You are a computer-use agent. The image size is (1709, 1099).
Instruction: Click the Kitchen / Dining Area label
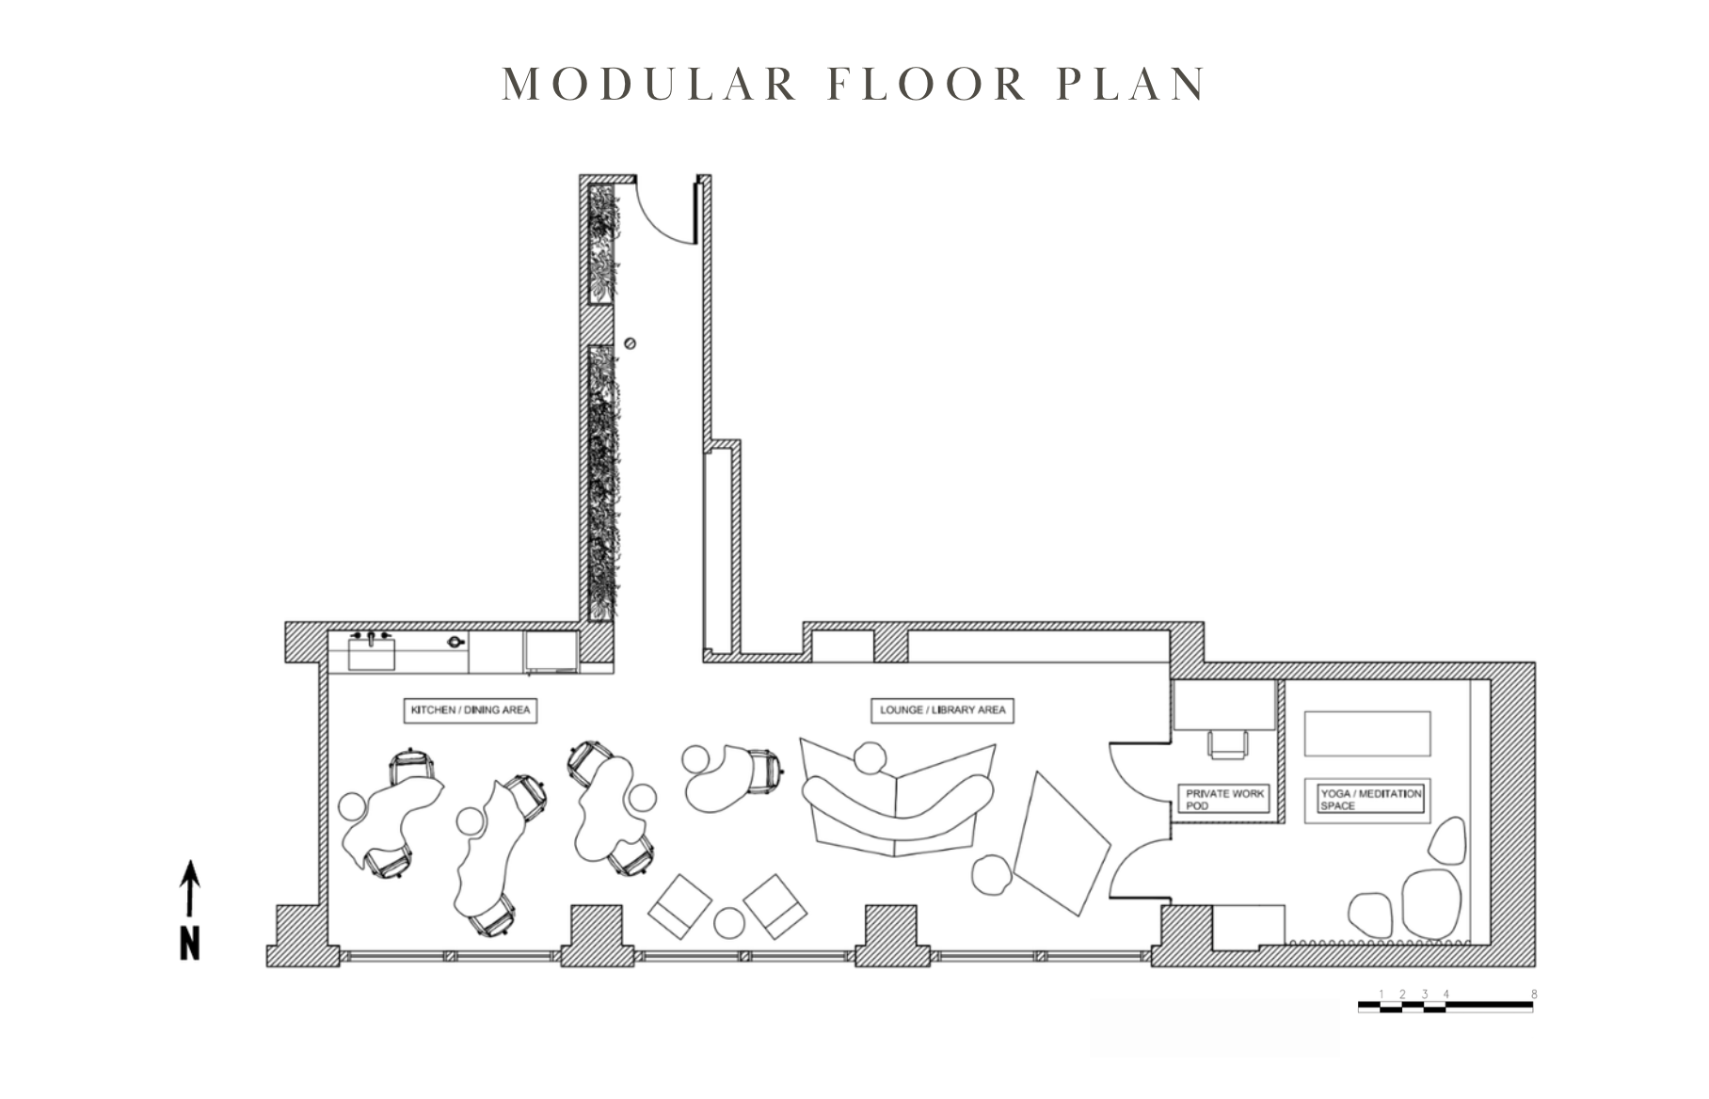click(471, 710)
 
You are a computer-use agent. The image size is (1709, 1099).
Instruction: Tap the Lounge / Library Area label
click(943, 710)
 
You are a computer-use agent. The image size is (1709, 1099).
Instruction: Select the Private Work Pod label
click(1224, 799)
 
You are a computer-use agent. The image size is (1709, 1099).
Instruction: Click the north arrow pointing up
click(190, 888)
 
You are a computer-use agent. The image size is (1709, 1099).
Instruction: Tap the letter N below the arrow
click(190, 944)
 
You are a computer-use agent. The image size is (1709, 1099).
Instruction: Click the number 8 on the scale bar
click(1534, 995)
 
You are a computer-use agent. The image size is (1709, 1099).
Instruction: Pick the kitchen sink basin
click(372, 653)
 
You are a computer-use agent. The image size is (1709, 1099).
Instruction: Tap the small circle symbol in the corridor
click(630, 343)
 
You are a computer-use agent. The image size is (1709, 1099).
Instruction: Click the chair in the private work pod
click(1228, 743)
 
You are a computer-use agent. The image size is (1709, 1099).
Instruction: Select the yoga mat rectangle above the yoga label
click(1367, 734)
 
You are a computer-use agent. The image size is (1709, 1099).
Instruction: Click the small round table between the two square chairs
click(729, 923)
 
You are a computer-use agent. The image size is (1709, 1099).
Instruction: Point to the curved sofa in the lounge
click(899, 809)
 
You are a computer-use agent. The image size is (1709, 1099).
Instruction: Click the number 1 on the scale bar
click(1382, 995)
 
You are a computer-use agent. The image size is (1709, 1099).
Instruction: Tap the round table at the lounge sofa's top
click(870, 758)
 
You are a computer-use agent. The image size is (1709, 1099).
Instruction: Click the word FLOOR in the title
click(928, 84)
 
